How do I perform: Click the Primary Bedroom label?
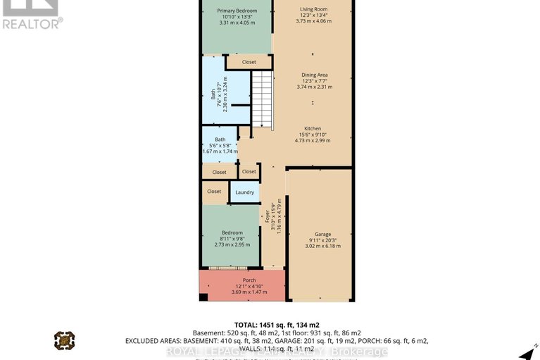pyautogui.click(x=237, y=11)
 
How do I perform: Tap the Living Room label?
pyautogui.click(x=314, y=8)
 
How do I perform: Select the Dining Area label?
pyautogui.click(x=315, y=75)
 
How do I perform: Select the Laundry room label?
pyautogui.click(x=245, y=192)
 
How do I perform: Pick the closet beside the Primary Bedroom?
pyautogui.click(x=249, y=62)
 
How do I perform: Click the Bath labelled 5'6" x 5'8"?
pyautogui.click(x=220, y=139)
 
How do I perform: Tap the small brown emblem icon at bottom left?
pyautogui.click(x=64, y=341)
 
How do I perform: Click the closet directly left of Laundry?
pyautogui.click(x=214, y=191)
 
